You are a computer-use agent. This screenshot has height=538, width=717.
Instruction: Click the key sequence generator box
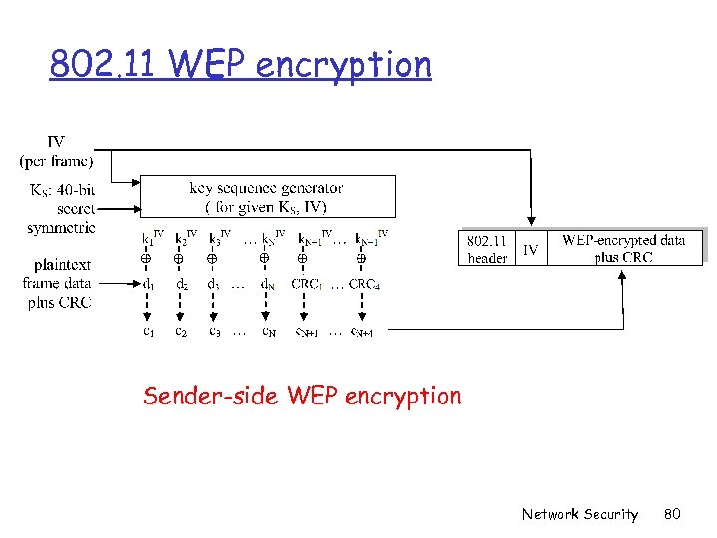pos(267,197)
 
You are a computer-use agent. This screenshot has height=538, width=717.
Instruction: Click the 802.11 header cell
pos(487,249)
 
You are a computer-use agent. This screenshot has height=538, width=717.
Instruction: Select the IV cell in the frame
pos(531,250)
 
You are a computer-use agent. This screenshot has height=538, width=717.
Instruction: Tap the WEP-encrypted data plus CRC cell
pos(623,249)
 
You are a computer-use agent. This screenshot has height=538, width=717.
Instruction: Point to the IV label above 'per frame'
pos(56,143)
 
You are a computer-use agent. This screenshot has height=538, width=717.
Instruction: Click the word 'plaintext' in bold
pos(63,265)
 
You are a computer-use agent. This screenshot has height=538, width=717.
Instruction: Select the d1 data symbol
pos(147,284)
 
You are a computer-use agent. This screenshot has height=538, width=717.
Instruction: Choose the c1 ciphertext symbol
pos(147,331)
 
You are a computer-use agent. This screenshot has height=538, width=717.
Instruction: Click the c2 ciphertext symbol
pos(180,331)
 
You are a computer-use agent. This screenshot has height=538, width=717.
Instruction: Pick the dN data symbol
pos(267,284)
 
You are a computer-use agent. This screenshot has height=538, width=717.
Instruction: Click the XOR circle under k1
pos(145,259)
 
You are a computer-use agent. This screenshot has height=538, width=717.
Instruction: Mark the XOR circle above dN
pos(264,259)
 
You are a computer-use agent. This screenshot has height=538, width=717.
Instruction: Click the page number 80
pos(671,514)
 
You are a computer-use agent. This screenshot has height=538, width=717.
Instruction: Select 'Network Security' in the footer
pos(580,514)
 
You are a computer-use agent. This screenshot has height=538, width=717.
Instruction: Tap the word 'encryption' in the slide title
pos(344,65)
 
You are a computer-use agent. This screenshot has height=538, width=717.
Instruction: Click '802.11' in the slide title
pos(105,65)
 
